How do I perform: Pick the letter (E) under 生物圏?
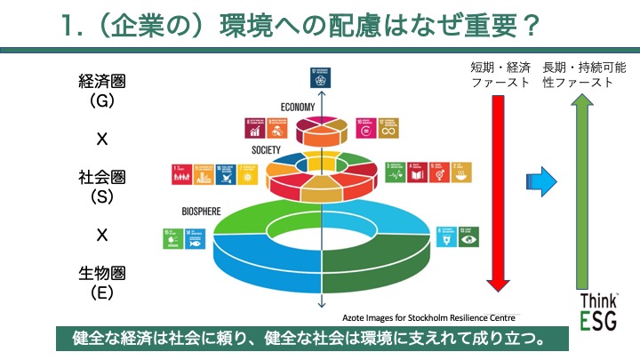101,291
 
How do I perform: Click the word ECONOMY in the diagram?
299,107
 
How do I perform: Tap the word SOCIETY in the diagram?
266,150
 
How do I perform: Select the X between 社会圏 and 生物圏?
101,235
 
